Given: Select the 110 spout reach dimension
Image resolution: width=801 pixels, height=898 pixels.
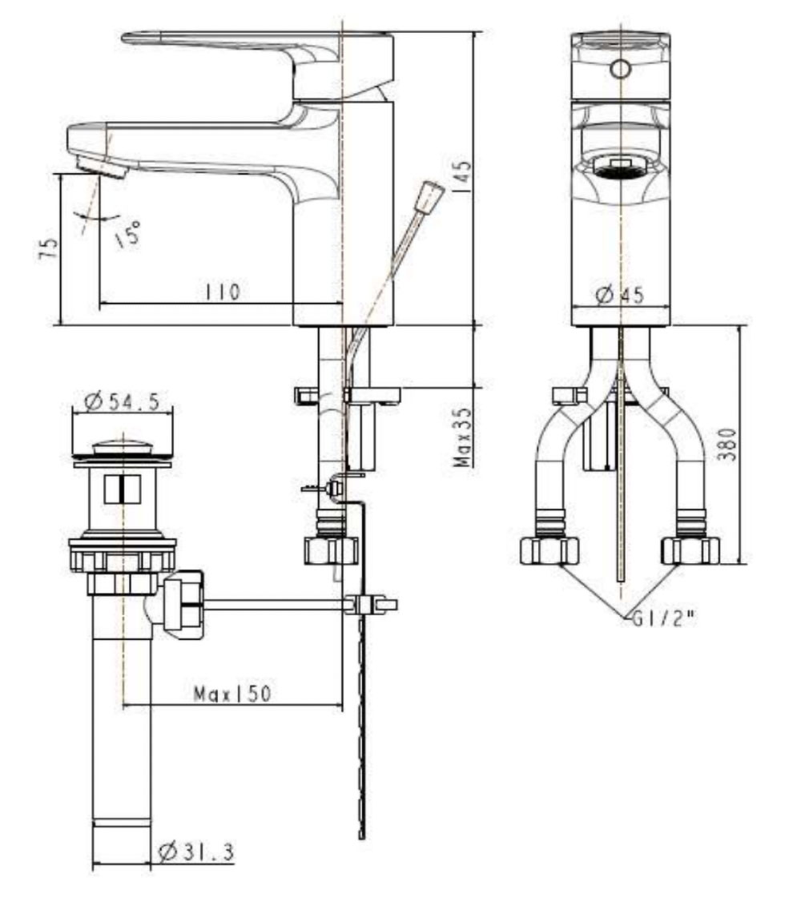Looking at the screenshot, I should (x=223, y=292).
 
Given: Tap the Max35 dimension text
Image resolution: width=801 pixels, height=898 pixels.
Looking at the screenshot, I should (x=462, y=437).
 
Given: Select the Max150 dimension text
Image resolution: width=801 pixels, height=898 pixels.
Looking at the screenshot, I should (x=232, y=694).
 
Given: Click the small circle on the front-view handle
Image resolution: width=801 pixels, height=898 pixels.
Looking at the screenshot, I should (x=620, y=68).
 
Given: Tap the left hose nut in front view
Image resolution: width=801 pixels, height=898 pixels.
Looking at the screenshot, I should (x=549, y=551).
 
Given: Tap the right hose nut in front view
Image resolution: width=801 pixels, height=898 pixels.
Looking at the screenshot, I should (x=690, y=551).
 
